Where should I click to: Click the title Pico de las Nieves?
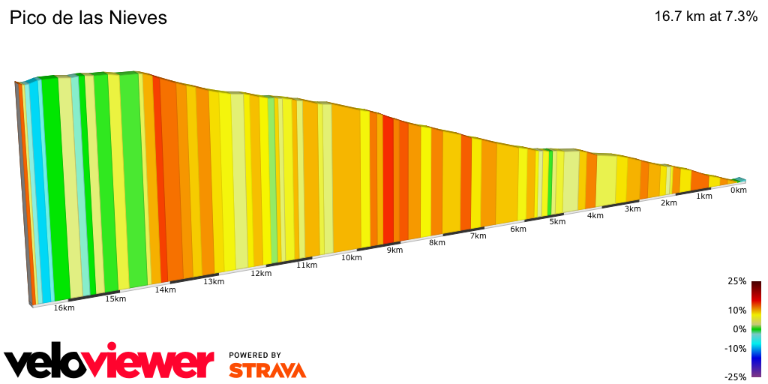(88, 17)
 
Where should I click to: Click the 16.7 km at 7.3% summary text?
(706, 16)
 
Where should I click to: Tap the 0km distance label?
(738, 190)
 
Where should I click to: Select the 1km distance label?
(703, 196)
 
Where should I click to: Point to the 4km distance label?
(595, 216)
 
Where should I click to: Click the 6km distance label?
(517, 229)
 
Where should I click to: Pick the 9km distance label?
(394, 250)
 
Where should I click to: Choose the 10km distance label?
(352, 257)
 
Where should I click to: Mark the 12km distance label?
(260, 274)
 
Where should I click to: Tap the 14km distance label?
(165, 290)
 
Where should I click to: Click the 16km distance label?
(64, 308)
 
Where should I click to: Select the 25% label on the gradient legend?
(736, 281)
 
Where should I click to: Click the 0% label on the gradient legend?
(739, 328)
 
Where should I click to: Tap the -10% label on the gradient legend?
(735, 348)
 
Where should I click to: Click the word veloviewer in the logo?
(109, 364)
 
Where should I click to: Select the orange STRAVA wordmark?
(267, 370)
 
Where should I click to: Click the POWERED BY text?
(255, 355)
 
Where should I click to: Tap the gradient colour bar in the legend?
(756, 328)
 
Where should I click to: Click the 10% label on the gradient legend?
(736, 310)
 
